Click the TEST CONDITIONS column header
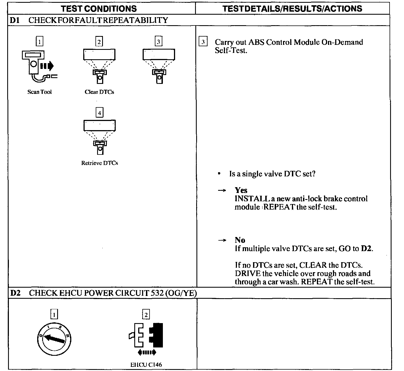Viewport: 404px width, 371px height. tap(99, 8)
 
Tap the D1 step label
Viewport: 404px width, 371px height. tap(14, 20)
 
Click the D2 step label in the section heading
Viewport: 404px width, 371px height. tap(15, 293)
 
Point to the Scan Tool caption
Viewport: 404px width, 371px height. tap(39, 92)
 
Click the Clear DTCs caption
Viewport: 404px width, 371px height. tap(99, 92)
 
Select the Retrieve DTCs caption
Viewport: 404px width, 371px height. tap(99, 163)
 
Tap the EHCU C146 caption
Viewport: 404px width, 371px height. tap(146, 364)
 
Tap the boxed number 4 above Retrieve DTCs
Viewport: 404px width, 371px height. tap(99, 113)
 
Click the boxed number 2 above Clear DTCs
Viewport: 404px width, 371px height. tap(99, 42)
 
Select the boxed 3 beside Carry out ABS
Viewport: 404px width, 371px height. tap(203, 42)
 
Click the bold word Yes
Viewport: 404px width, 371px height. tap(241, 190)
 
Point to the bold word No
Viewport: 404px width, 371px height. tap(240, 240)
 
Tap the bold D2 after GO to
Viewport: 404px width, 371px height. tap(366, 248)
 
